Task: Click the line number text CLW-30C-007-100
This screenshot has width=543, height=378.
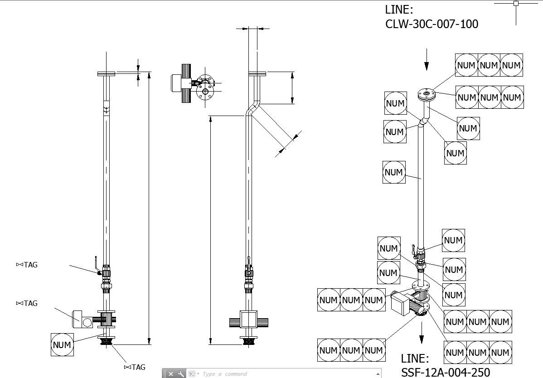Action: click(x=431, y=24)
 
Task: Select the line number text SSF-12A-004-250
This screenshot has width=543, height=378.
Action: click(x=445, y=372)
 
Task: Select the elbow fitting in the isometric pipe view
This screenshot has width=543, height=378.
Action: click(x=423, y=121)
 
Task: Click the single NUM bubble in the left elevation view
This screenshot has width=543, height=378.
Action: click(x=62, y=344)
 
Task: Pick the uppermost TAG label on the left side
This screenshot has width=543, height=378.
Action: click(x=27, y=265)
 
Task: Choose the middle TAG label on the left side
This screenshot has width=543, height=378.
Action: click(x=27, y=303)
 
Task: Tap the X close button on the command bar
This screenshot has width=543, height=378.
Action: click(x=171, y=374)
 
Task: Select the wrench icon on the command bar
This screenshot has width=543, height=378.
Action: click(x=181, y=374)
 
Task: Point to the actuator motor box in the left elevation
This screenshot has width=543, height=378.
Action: click(x=82, y=319)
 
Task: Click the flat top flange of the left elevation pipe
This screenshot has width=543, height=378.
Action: click(x=106, y=73)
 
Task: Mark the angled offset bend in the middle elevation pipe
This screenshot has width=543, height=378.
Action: click(x=252, y=109)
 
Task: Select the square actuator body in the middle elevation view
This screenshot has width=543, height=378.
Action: click(x=248, y=320)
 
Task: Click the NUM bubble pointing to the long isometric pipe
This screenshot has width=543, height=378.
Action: click(x=393, y=172)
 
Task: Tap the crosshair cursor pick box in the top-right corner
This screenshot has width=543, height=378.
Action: click(x=516, y=3)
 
